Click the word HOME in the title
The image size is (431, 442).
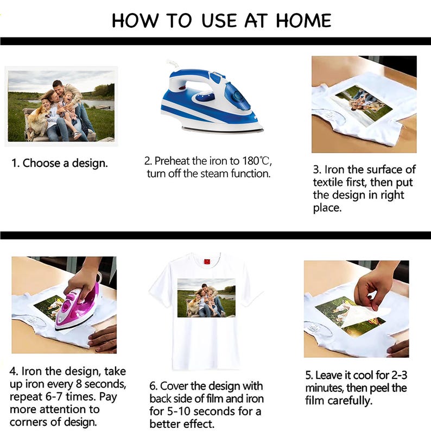point(303,21)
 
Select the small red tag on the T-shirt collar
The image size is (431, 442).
point(207,261)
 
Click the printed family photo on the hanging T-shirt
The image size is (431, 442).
point(206,298)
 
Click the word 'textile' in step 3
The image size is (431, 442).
point(333,182)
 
